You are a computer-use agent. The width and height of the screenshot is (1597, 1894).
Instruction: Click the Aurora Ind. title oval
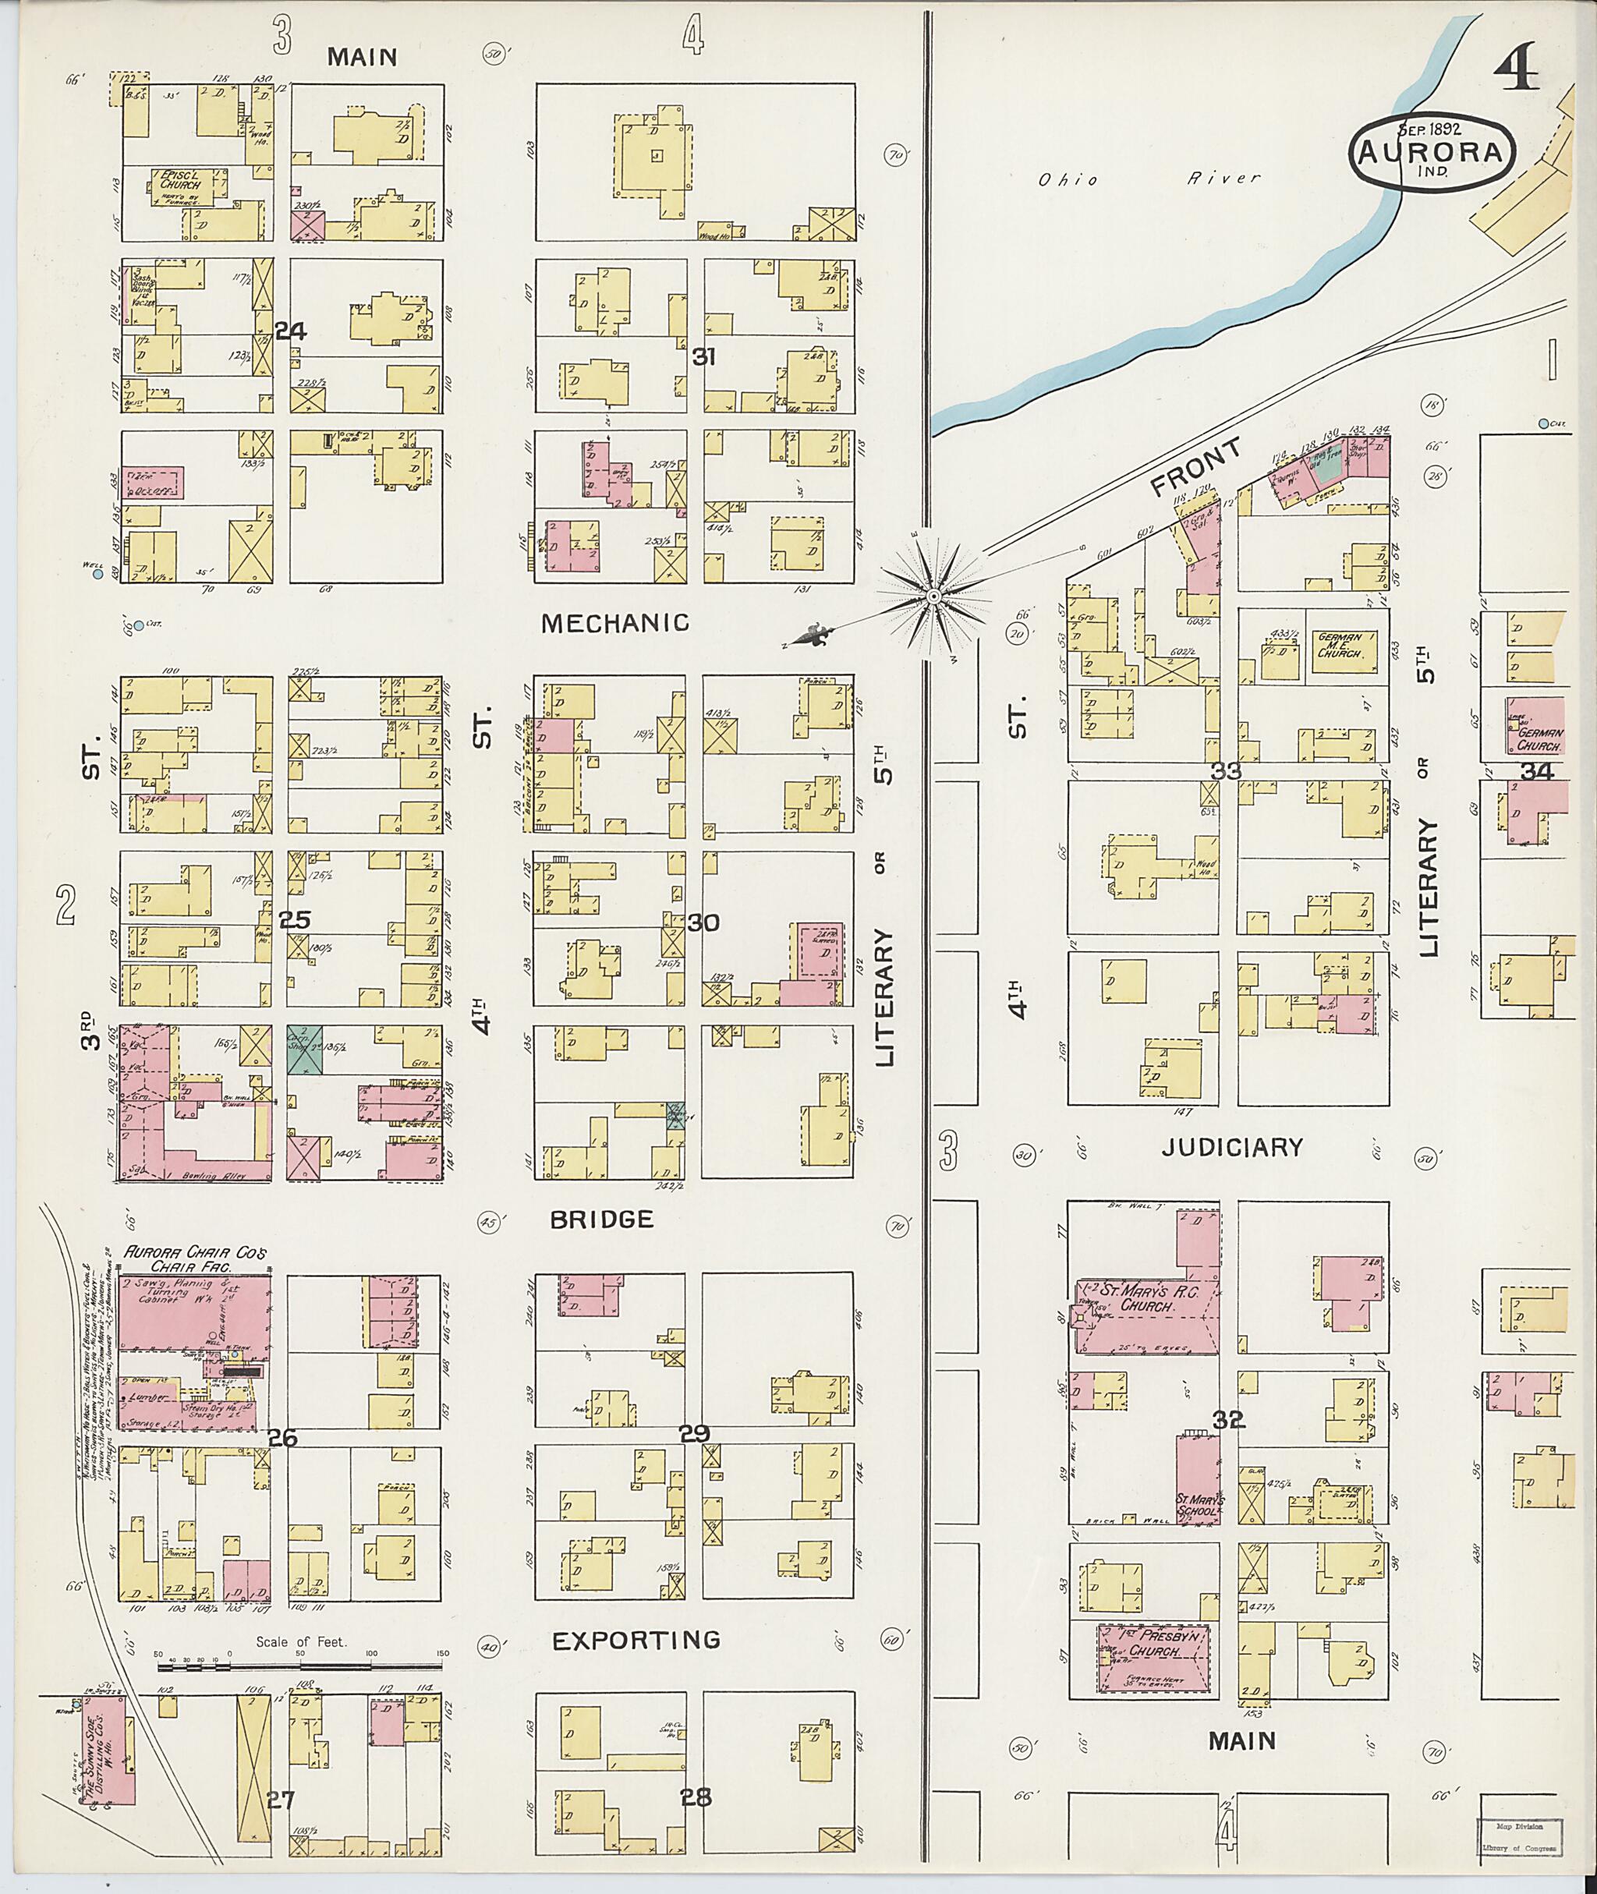tap(1432, 151)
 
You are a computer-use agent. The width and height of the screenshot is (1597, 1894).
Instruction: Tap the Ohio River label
tap(1149, 179)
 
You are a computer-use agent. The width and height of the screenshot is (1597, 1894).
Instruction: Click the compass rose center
tap(932, 596)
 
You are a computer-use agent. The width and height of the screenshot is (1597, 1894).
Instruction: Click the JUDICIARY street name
tap(1232, 1147)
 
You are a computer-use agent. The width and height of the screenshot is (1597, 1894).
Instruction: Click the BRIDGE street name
tap(601, 1219)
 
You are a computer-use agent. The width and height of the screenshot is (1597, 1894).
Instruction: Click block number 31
tap(703, 356)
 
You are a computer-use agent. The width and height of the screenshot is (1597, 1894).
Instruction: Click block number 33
tap(1227, 770)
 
